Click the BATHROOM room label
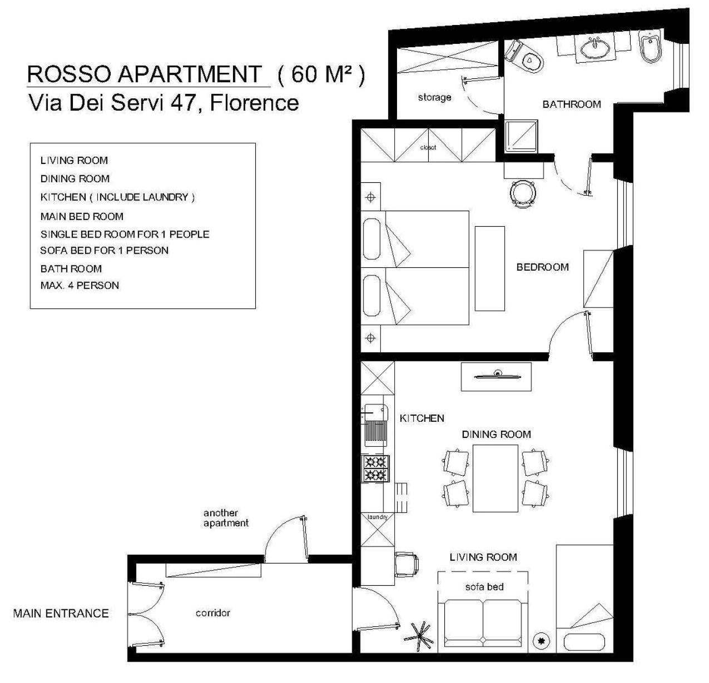point(571,104)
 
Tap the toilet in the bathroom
point(524,57)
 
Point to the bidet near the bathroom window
point(651,46)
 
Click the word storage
point(434,97)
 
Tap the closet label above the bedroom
point(428,147)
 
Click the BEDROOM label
point(543,267)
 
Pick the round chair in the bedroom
point(523,194)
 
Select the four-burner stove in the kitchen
point(376,468)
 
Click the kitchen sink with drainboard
point(375,425)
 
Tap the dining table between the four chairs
point(495,478)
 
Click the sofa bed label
point(484,587)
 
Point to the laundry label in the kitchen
point(378,517)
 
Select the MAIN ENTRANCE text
point(61,614)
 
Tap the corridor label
point(213,613)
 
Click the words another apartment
point(226,518)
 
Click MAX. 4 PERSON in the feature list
point(80,286)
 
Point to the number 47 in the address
point(182,103)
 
